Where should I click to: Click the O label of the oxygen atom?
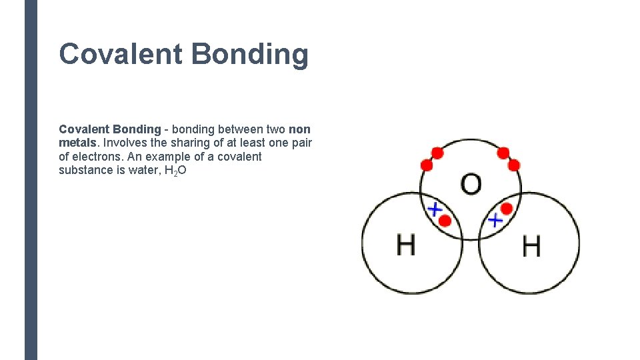coord(471,184)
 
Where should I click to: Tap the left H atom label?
coord(406,245)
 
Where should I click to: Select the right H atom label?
coord(531,247)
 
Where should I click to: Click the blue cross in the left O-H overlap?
coord(435,209)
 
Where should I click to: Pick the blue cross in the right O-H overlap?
coord(495,219)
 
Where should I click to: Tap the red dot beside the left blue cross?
coord(445,219)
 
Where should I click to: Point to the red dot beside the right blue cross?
coord(507,209)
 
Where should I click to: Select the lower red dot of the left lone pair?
coord(427,165)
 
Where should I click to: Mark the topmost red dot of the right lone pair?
coord(503,153)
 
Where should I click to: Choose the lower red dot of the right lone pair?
coord(514,165)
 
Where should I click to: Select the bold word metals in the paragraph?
coord(78,143)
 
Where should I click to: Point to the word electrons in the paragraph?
coord(101,157)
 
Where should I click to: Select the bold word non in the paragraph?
coord(299,129)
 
